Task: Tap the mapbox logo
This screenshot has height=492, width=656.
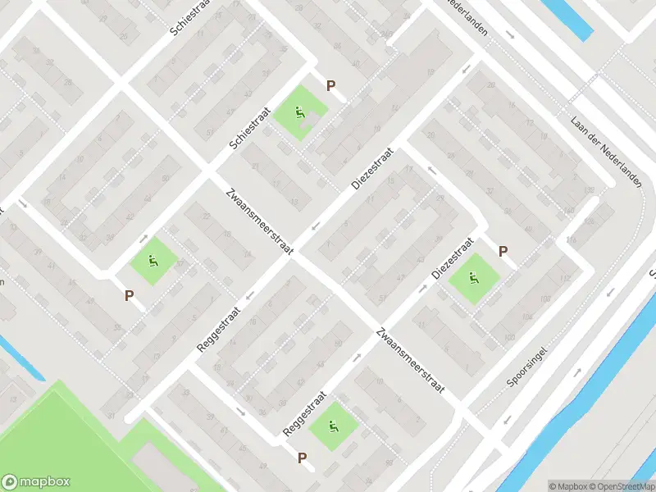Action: (36, 481)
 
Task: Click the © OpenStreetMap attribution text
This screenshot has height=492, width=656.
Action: (619, 485)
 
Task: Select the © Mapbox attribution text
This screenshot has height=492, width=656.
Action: (567, 485)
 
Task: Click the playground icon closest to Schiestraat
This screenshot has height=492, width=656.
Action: (300, 114)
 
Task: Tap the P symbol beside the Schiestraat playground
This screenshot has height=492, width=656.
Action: (331, 85)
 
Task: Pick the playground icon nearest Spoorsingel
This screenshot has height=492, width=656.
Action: (473, 279)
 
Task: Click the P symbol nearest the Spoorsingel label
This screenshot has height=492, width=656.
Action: (503, 252)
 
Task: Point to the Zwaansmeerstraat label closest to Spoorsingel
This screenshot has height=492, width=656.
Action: (410, 361)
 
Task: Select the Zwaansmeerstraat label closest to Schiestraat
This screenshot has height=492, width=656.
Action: (259, 222)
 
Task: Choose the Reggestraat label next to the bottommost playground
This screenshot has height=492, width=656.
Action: (305, 412)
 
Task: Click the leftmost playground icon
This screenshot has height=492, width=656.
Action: (152, 262)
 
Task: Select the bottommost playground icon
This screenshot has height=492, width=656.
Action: (334, 426)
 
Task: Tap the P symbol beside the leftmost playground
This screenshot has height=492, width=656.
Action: (129, 295)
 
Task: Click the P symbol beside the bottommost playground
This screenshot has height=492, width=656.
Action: (302, 458)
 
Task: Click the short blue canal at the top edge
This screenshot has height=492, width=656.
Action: (569, 17)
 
